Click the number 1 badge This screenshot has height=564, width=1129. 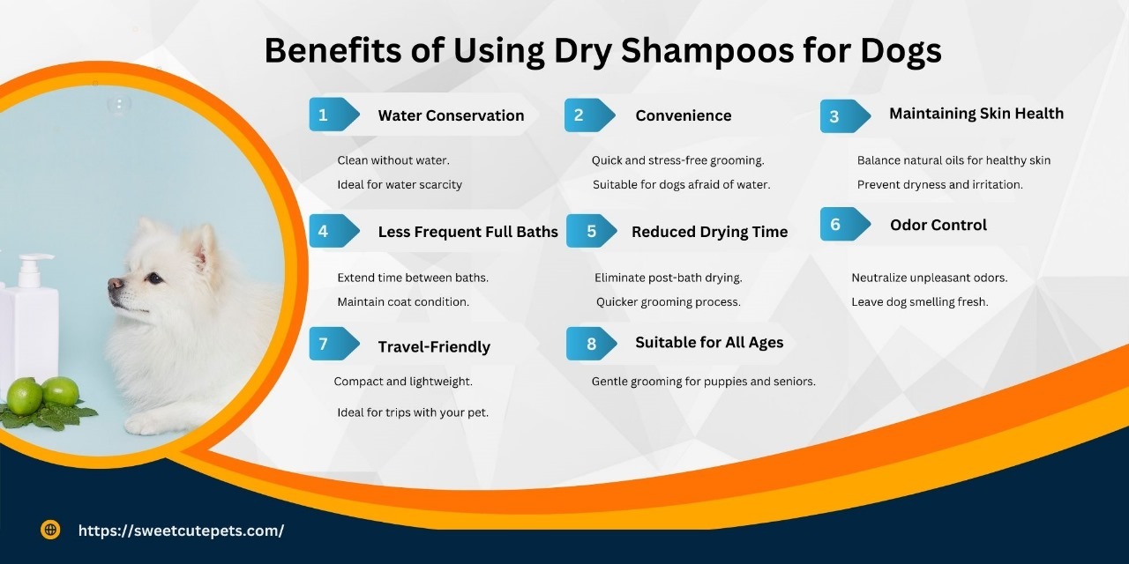(325, 115)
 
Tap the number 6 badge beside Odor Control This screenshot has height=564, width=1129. (835, 225)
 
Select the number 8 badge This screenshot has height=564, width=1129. (591, 344)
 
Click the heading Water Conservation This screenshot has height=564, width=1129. (451, 115)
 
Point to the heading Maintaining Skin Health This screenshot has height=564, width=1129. (976, 114)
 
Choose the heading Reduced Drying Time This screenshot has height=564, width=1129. (709, 232)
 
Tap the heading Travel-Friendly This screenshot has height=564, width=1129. (434, 346)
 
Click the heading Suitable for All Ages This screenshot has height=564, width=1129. (709, 342)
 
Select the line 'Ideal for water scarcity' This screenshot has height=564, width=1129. (400, 184)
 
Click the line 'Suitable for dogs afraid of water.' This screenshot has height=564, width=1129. (681, 184)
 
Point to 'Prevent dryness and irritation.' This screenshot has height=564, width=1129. (939, 184)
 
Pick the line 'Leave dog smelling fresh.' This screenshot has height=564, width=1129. (919, 301)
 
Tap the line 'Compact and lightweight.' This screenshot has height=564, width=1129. (403, 382)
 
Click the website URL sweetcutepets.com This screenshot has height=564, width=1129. (181, 531)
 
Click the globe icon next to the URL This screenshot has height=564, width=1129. (50, 530)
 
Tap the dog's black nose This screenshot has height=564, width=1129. (115, 284)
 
